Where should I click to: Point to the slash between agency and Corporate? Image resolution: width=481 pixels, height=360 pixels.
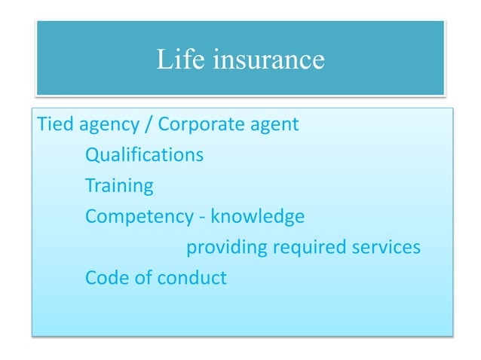click(x=149, y=124)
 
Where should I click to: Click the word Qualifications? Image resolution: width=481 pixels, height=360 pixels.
click(x=144, y=155)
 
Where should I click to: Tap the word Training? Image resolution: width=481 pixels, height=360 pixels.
click(x=119, y=186)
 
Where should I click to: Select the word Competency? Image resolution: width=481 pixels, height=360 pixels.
click(x=139, y=217)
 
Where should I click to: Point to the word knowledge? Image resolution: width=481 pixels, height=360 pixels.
click(x=258, y=217)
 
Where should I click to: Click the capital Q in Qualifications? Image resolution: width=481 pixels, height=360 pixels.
click(x=92, y=155)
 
